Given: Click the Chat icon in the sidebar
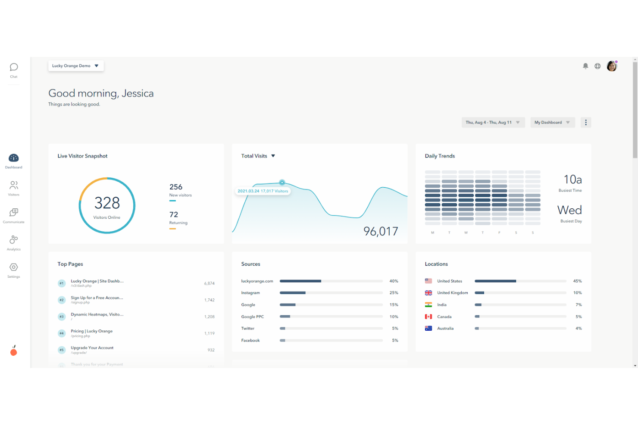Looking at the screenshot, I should (14, 67).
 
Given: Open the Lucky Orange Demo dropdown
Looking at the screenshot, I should (76, 66).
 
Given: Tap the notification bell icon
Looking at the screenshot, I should (585, 66).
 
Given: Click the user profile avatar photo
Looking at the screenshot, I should (612, 66).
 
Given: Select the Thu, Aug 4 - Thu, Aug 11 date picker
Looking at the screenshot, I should (493, 122).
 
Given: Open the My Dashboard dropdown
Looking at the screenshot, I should (552, 122).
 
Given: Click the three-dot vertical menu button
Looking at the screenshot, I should (585, 122).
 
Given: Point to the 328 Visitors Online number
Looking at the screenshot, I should (107, 203).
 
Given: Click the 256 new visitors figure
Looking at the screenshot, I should (176, 187).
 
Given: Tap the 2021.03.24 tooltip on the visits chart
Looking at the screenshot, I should (263, 191).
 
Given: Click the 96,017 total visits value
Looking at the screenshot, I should (381, 231).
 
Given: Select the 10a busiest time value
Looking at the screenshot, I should (572, 180).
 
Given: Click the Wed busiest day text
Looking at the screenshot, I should (569, 210).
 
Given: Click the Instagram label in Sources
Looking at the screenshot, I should (250, 293).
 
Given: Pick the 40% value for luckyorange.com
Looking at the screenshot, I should (394, 281).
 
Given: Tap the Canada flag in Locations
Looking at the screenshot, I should (428, 316).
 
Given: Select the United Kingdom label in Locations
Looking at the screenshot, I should (452, 293).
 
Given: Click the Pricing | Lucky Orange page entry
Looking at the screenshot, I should (92, 331).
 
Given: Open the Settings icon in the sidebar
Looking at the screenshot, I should (14, 267).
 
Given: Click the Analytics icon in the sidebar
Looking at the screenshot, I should (14, 240).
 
